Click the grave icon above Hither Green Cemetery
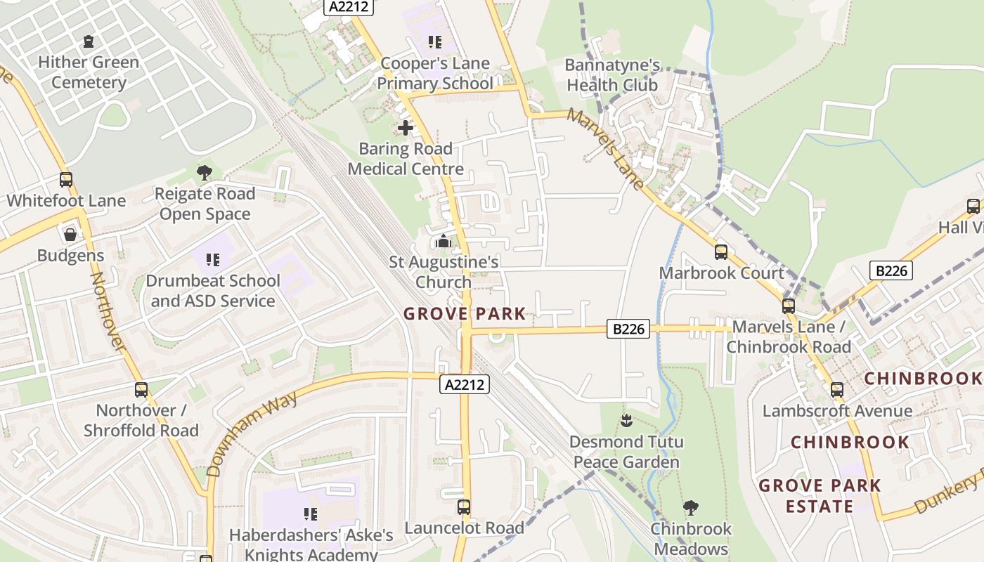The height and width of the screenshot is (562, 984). [x=88, y=42]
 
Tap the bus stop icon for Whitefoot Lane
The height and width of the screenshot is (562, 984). [x=66, y=180]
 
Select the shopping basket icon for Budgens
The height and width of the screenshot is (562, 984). [x=70, y=235]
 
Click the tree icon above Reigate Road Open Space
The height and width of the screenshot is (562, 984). [x=205, y=172]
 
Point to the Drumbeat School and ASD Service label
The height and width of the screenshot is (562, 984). [x=213, y=291]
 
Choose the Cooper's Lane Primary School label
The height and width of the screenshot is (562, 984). [x=435, y=73]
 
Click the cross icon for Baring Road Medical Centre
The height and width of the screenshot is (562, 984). [x=406, y=128]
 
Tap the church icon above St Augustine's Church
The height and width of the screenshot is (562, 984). [x=444, y=242]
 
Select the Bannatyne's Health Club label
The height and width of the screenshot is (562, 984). [x=612, y=75]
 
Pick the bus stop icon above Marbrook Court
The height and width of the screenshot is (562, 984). [x=721, y=252]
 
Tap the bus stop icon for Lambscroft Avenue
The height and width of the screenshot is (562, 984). [x=836, y=390]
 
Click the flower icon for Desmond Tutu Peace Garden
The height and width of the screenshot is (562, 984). [x=626, y=421]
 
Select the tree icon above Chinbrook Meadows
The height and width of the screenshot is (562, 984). [x=691, y=507]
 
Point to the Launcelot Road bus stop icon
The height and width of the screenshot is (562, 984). [x=464, y=507]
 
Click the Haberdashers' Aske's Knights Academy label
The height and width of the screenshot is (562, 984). [x=311, y=544]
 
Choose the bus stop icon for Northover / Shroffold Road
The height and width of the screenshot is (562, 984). [x=141, y=390]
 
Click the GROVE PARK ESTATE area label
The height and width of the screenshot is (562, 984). [x=820, y=495]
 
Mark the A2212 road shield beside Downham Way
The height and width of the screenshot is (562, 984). [x=465, y=384]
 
